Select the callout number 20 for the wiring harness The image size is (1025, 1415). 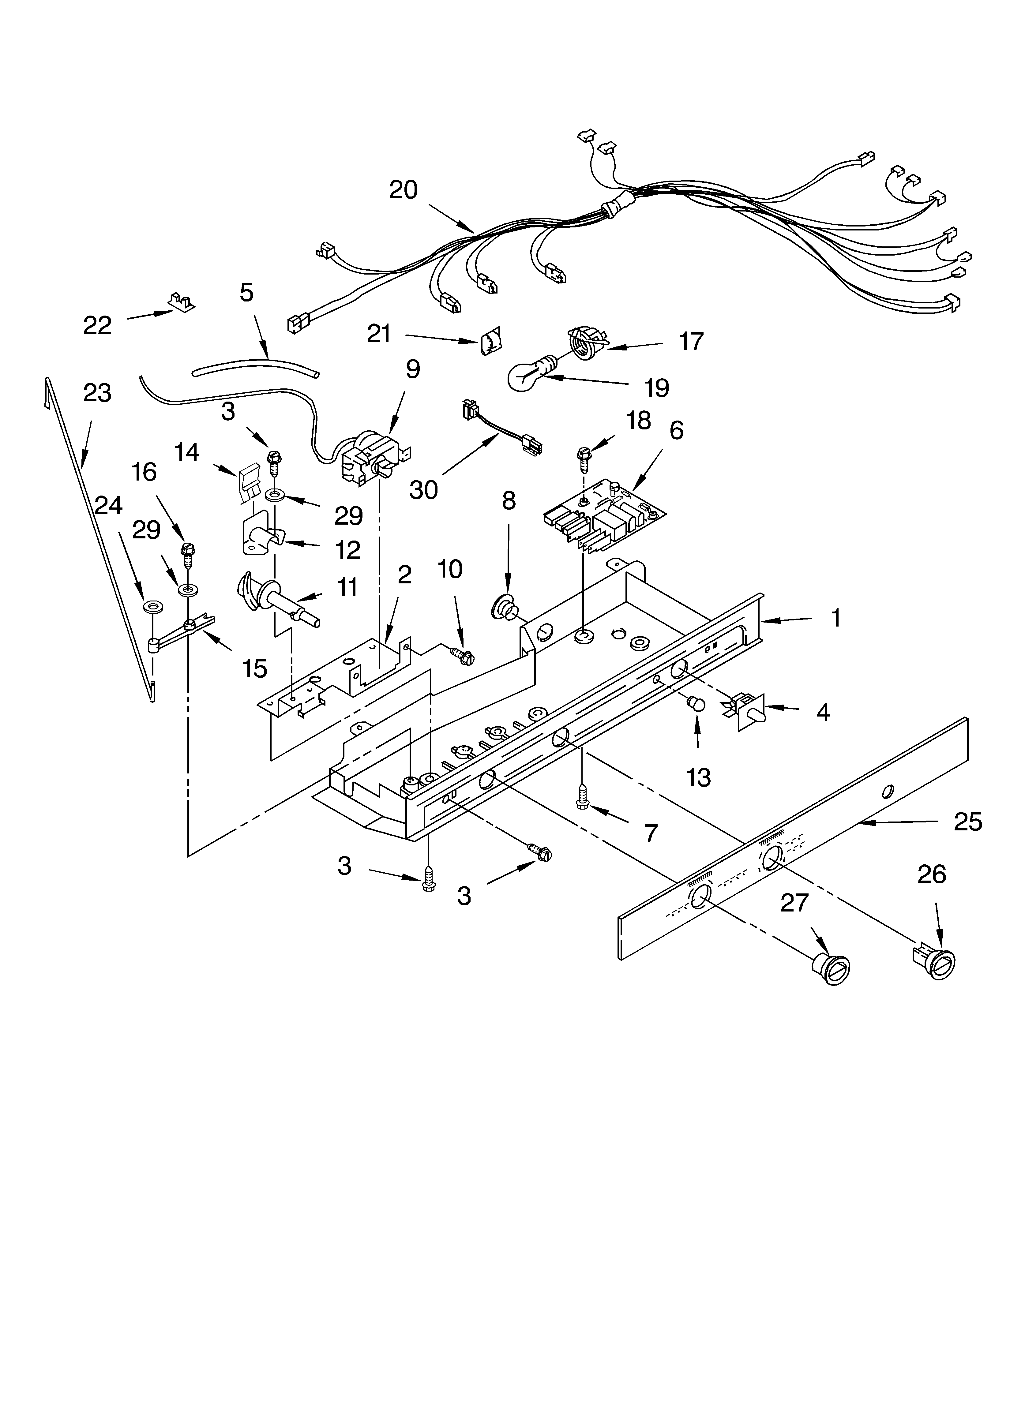click(x=403, y=190)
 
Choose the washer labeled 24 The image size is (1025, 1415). click(x=150, y=606)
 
